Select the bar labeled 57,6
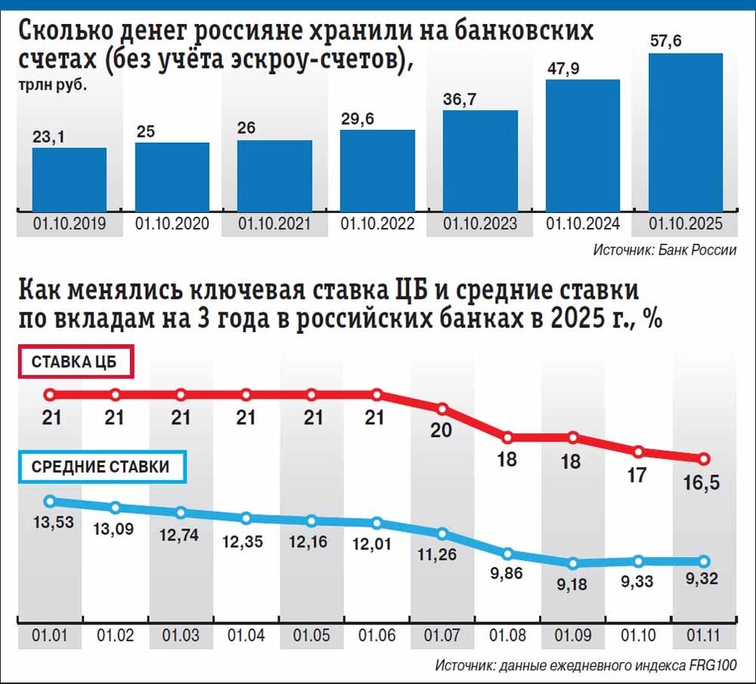pos(686,131)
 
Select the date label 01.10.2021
pos(274,224)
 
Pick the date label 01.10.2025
pos(686,224)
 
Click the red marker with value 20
pos(443,409)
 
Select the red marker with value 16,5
pos(704,459)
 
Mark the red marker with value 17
pos(639,452)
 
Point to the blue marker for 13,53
pos(50,501)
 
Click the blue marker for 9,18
pos(573,563)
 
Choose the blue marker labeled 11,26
pos(443,534)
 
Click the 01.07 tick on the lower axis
pos(443,636)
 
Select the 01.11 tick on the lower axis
pos(704,636)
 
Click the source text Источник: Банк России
pos(664,250)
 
